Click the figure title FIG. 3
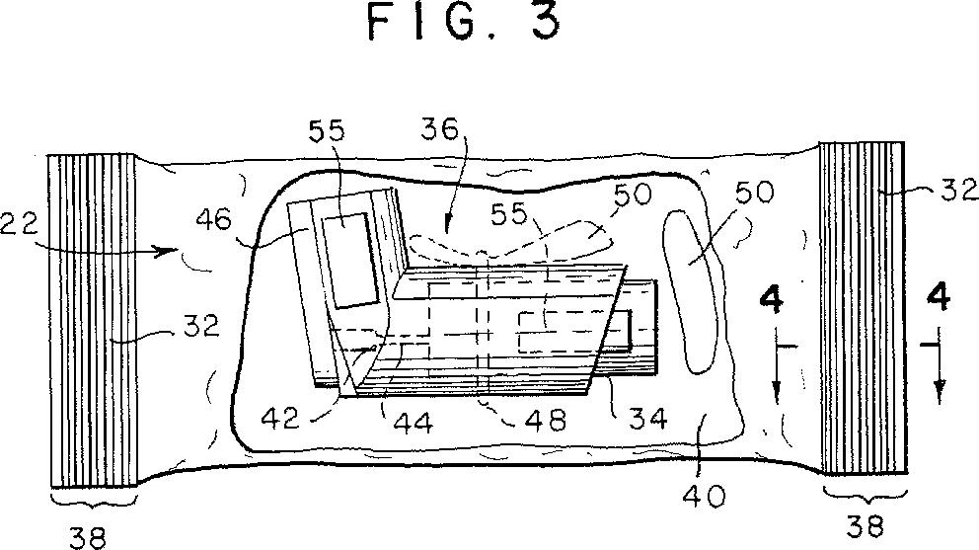tap(464, 22)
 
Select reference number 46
tap(213, 220)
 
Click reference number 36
tap(440, 129)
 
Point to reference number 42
tap(281, 418)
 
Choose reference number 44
tap(413, 424)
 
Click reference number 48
tap(547, 420)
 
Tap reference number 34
tap(648, 418)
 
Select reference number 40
tap(705, 497)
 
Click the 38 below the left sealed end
tap(87, 537)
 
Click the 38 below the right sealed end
tap(866, 526)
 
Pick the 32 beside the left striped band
tap(201, 325)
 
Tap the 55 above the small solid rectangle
tap(327, 130)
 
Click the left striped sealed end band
tap(93, 320)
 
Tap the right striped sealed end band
tap(863, 307)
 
